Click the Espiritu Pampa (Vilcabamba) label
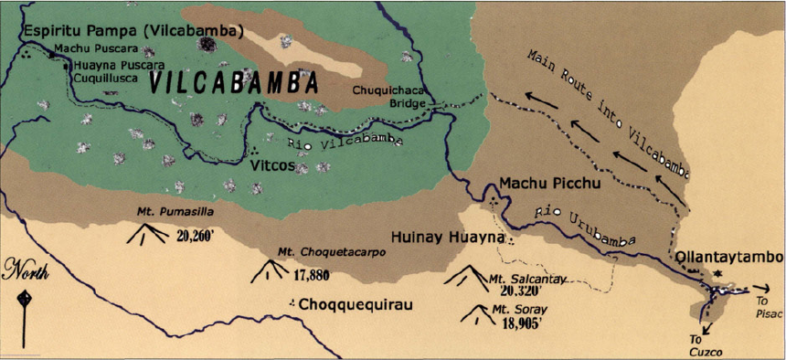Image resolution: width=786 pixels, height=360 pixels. [134, 30]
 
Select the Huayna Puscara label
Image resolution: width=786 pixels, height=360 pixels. [117, 65]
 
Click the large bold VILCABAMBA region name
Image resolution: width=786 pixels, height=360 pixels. [233, 83]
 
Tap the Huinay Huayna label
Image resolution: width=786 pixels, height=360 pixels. [448, 238]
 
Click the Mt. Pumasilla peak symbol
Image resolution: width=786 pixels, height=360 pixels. [145, 234]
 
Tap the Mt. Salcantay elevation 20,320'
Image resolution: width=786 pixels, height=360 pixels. [527, 290]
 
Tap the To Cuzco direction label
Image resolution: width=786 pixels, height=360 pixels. [703, 344]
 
